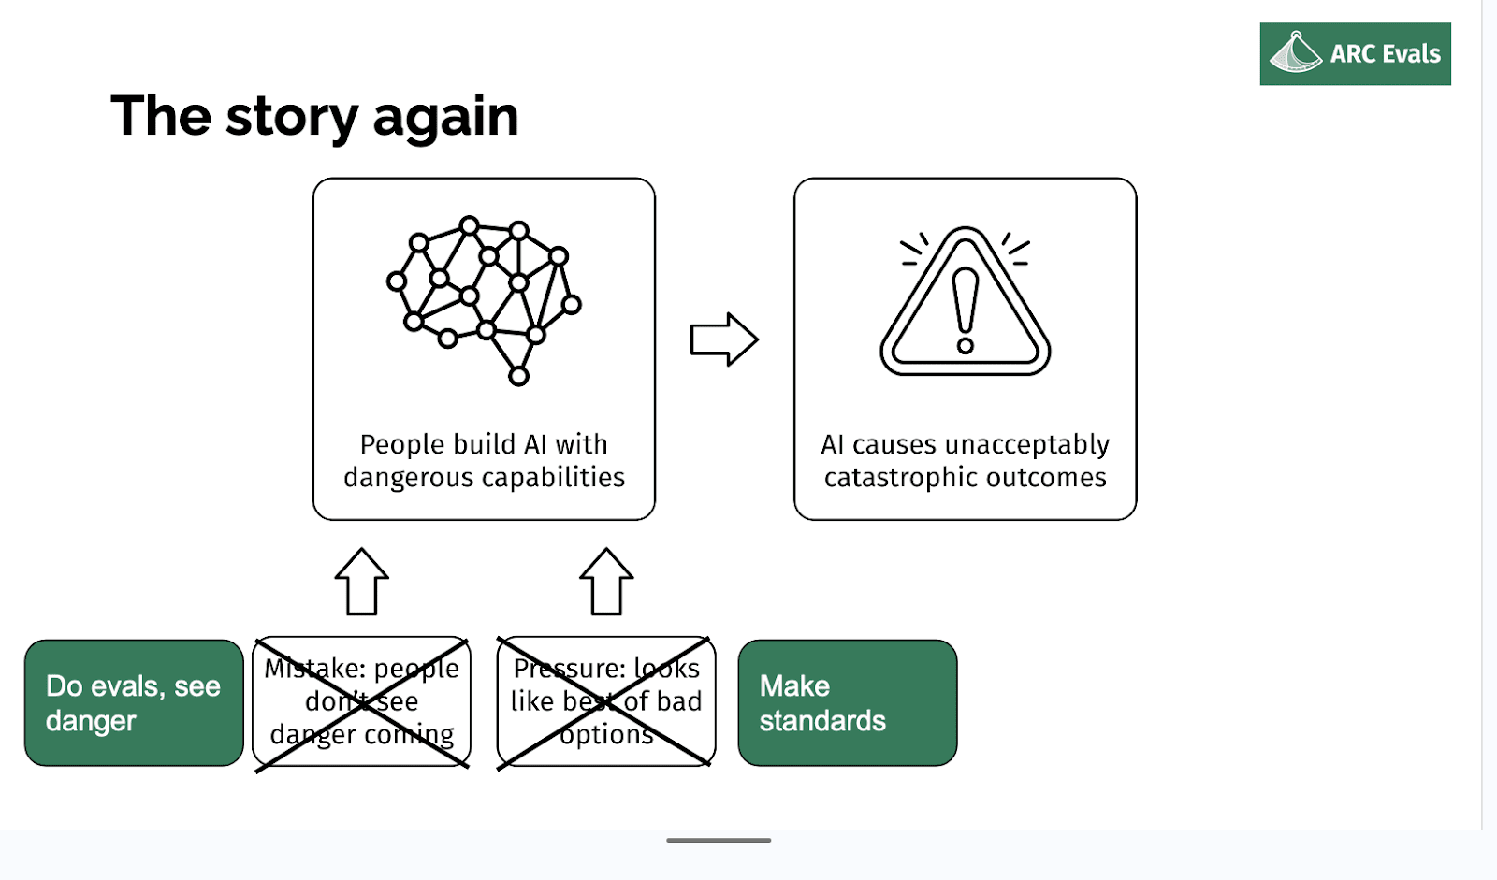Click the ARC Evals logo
pyautogui.click(x=1354, y=54)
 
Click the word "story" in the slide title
pyautogui.click(x=291, y=118)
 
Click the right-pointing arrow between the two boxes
pyautogui.click(x=723, y=339)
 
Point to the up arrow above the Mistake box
pyautogui.click(x=362, y=582)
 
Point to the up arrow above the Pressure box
pyautogui.click(x=606, y=582)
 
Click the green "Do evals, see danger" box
pyautogui.click(x=134, y=703)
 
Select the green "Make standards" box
pyautogui.click(x=847, y=703)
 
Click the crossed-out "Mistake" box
pyautogui.click(x=362, y=703)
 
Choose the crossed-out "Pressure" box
pyautogui.click(x=606, y=703)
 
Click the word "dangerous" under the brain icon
pyautogui.click(x=408, y=478)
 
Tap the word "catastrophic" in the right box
pyautogui.click(x=896, y=478)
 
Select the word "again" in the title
pyautogui.click(x=445, y=118)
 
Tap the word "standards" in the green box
pyautogui.click(x=822, y=721)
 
